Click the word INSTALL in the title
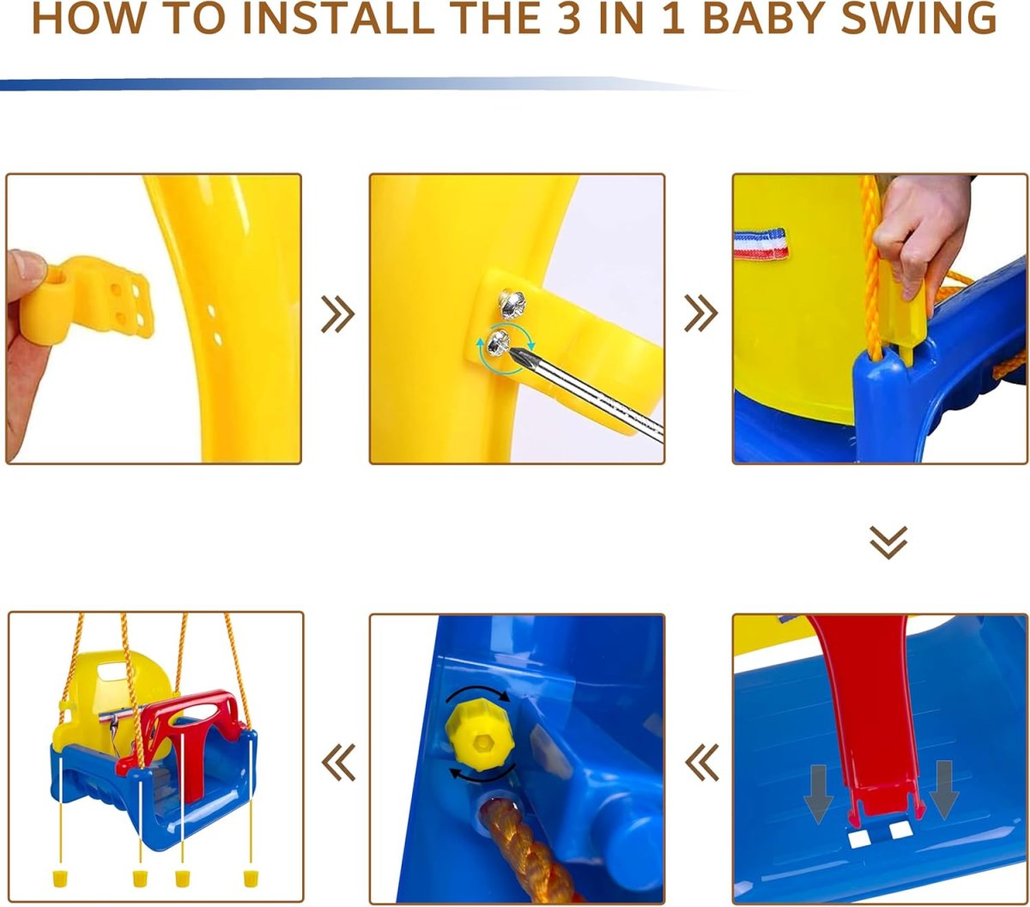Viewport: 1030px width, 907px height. pyautogui.click(x=338, y=19)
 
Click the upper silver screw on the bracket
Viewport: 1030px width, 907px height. pyautogui.click(x=512, y=304)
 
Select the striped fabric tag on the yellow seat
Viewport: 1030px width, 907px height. pyautogui.click(x=761, y=244)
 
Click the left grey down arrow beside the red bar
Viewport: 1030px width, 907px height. pyautogui.click(x=818, y=794)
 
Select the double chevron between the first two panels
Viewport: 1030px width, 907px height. pyautogui.click(x=338, y=314)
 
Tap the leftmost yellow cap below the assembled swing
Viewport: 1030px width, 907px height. pyautogui.click(x=60, y=878)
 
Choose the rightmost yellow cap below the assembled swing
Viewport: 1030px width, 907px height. pyautogui.click(x=250, y=878)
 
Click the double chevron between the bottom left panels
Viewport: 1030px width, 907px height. pyautogui.click(x=338, y=762)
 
